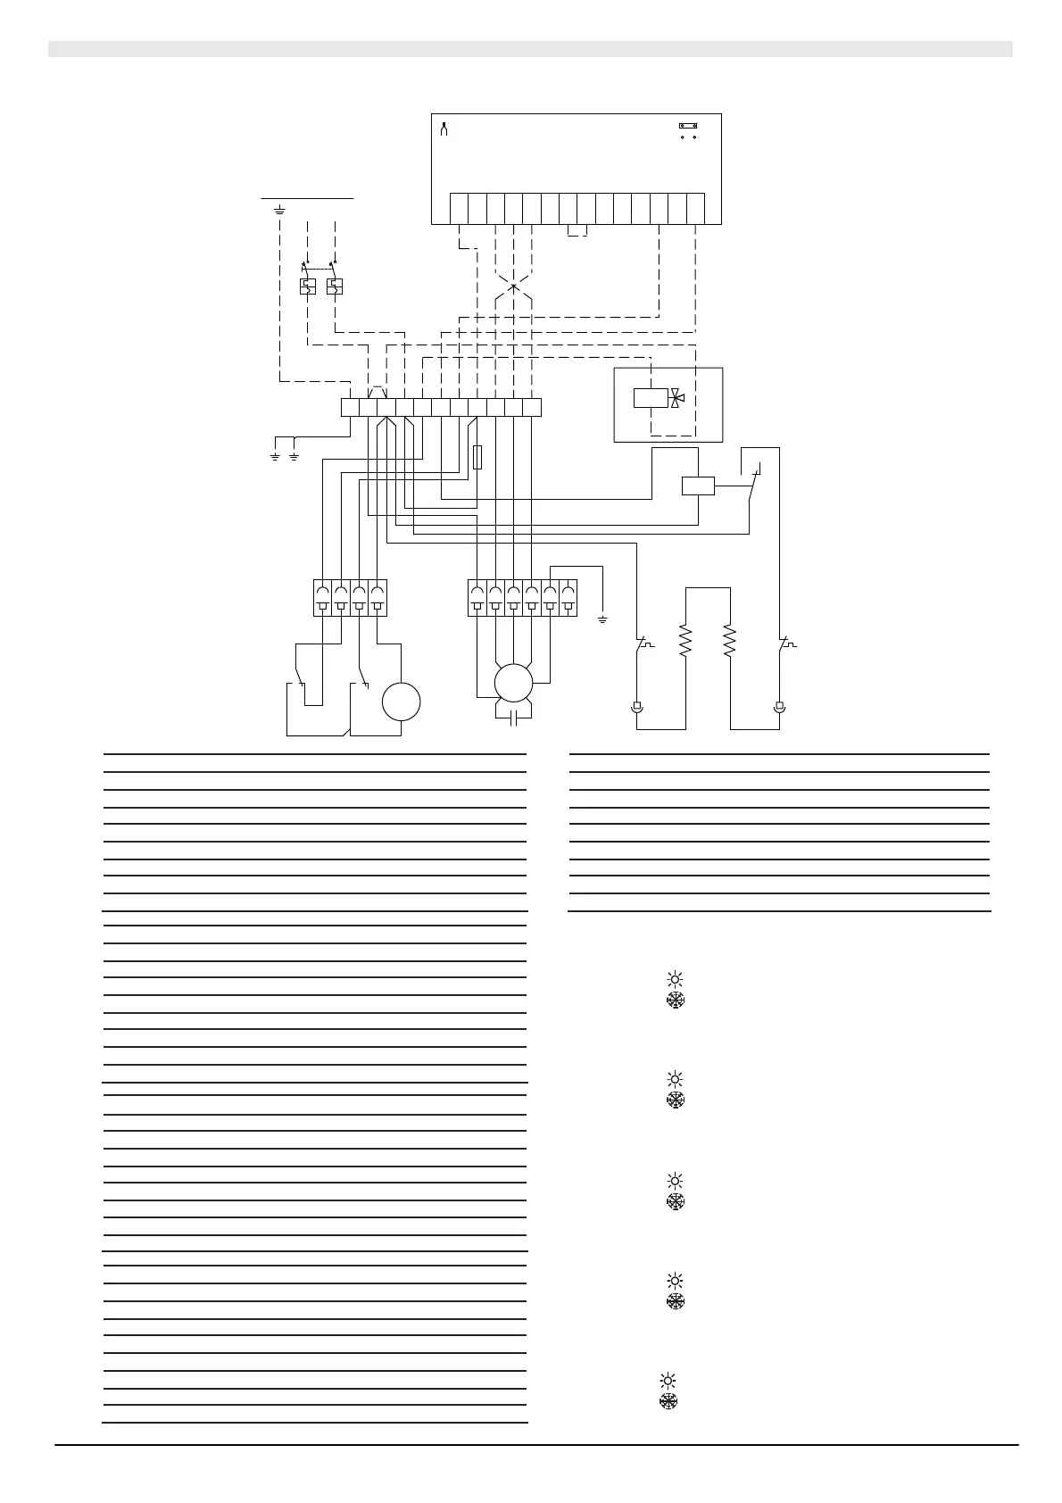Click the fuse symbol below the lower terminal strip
pyautogui.click(x=477, y=457)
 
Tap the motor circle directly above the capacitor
pyautogui.click(x=513, y=683)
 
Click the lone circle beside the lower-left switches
pyautogui.click(x=401, y=702)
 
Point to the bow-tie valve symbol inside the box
pyautogui.click(x=677, y=398)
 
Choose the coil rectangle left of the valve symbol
pyautogui.click(x=651, y=398)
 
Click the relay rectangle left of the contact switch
pyautogui.click(x=698, y=486)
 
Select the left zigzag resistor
pyautogui.click(x=685, y=641)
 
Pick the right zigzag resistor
pyautogui.click(x=729, y=641)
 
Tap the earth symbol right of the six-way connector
pyautogui.click(x=602, y=619)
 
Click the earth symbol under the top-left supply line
pyautogui.click(x=279, y=211)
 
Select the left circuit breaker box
pyautogui.click(x=307, y=286)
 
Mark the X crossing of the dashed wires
pyautogui.click(x=513, y=286)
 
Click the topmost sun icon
pyautogui.click(x=675, y=979)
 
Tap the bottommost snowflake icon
pyautogui.click(x=668, y=1401)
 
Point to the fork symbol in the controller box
pyautogui.click(x=444, y=129)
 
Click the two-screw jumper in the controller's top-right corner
pyautogui.click(x=688, y=127)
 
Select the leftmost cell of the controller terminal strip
pyautogui.click(x=459, y=208)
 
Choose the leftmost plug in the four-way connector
pyautogui.click(x=322, y=598)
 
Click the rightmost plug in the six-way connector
pyautogui.click(x=568, y=598)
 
